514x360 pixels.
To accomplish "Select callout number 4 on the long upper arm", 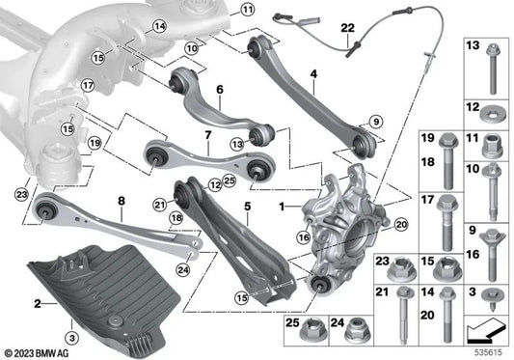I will pyautogui.click(x=313, y=73).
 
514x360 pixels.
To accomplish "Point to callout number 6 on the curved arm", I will pyautogui.click(x=219, y=90).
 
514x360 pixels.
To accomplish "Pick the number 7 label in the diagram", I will pyautogui.click(x=206, y=152).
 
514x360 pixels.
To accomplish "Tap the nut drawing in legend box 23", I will pyautogui.click(x=404, y=267).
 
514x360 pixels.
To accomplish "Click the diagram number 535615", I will pyautogui.click(x=489, y=352).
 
